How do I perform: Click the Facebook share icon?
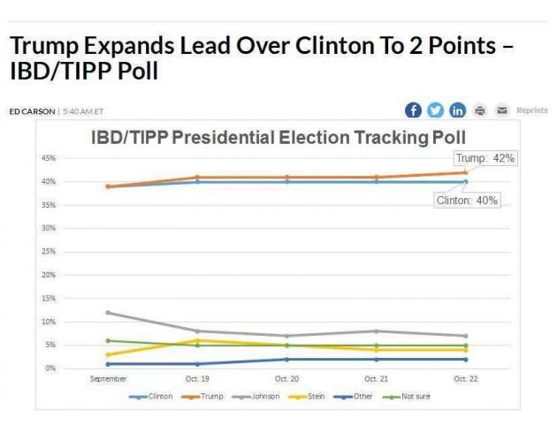pos(413,110)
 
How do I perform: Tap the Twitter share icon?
pos(436,110)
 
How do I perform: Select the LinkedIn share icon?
pos(458,110)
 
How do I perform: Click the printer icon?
pos(480,110)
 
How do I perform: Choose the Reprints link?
pos(532,110)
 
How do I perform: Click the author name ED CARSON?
pos(32,111)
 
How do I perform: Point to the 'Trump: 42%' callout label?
pos(485,158)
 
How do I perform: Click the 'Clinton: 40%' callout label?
pos(468,201)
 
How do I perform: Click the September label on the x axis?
pos(108,378)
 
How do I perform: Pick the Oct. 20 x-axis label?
pos(286,378)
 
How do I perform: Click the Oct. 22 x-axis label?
pos(465,378)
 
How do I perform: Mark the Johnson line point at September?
pos(108,312)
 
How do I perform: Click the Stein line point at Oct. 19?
pos(197,340)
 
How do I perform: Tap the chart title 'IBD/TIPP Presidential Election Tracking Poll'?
pos(279,138)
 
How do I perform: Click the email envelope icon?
pos(501,110)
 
